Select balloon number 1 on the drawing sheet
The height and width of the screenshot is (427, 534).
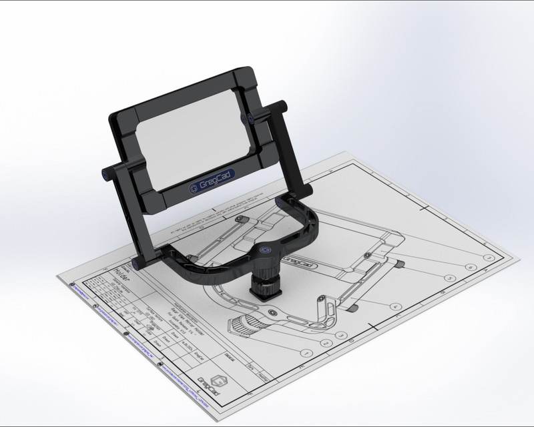(x=306, y=353)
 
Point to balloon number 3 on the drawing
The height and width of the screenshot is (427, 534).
(x=340, y=336)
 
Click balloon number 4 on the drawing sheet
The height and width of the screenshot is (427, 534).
(x=396, y=306)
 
